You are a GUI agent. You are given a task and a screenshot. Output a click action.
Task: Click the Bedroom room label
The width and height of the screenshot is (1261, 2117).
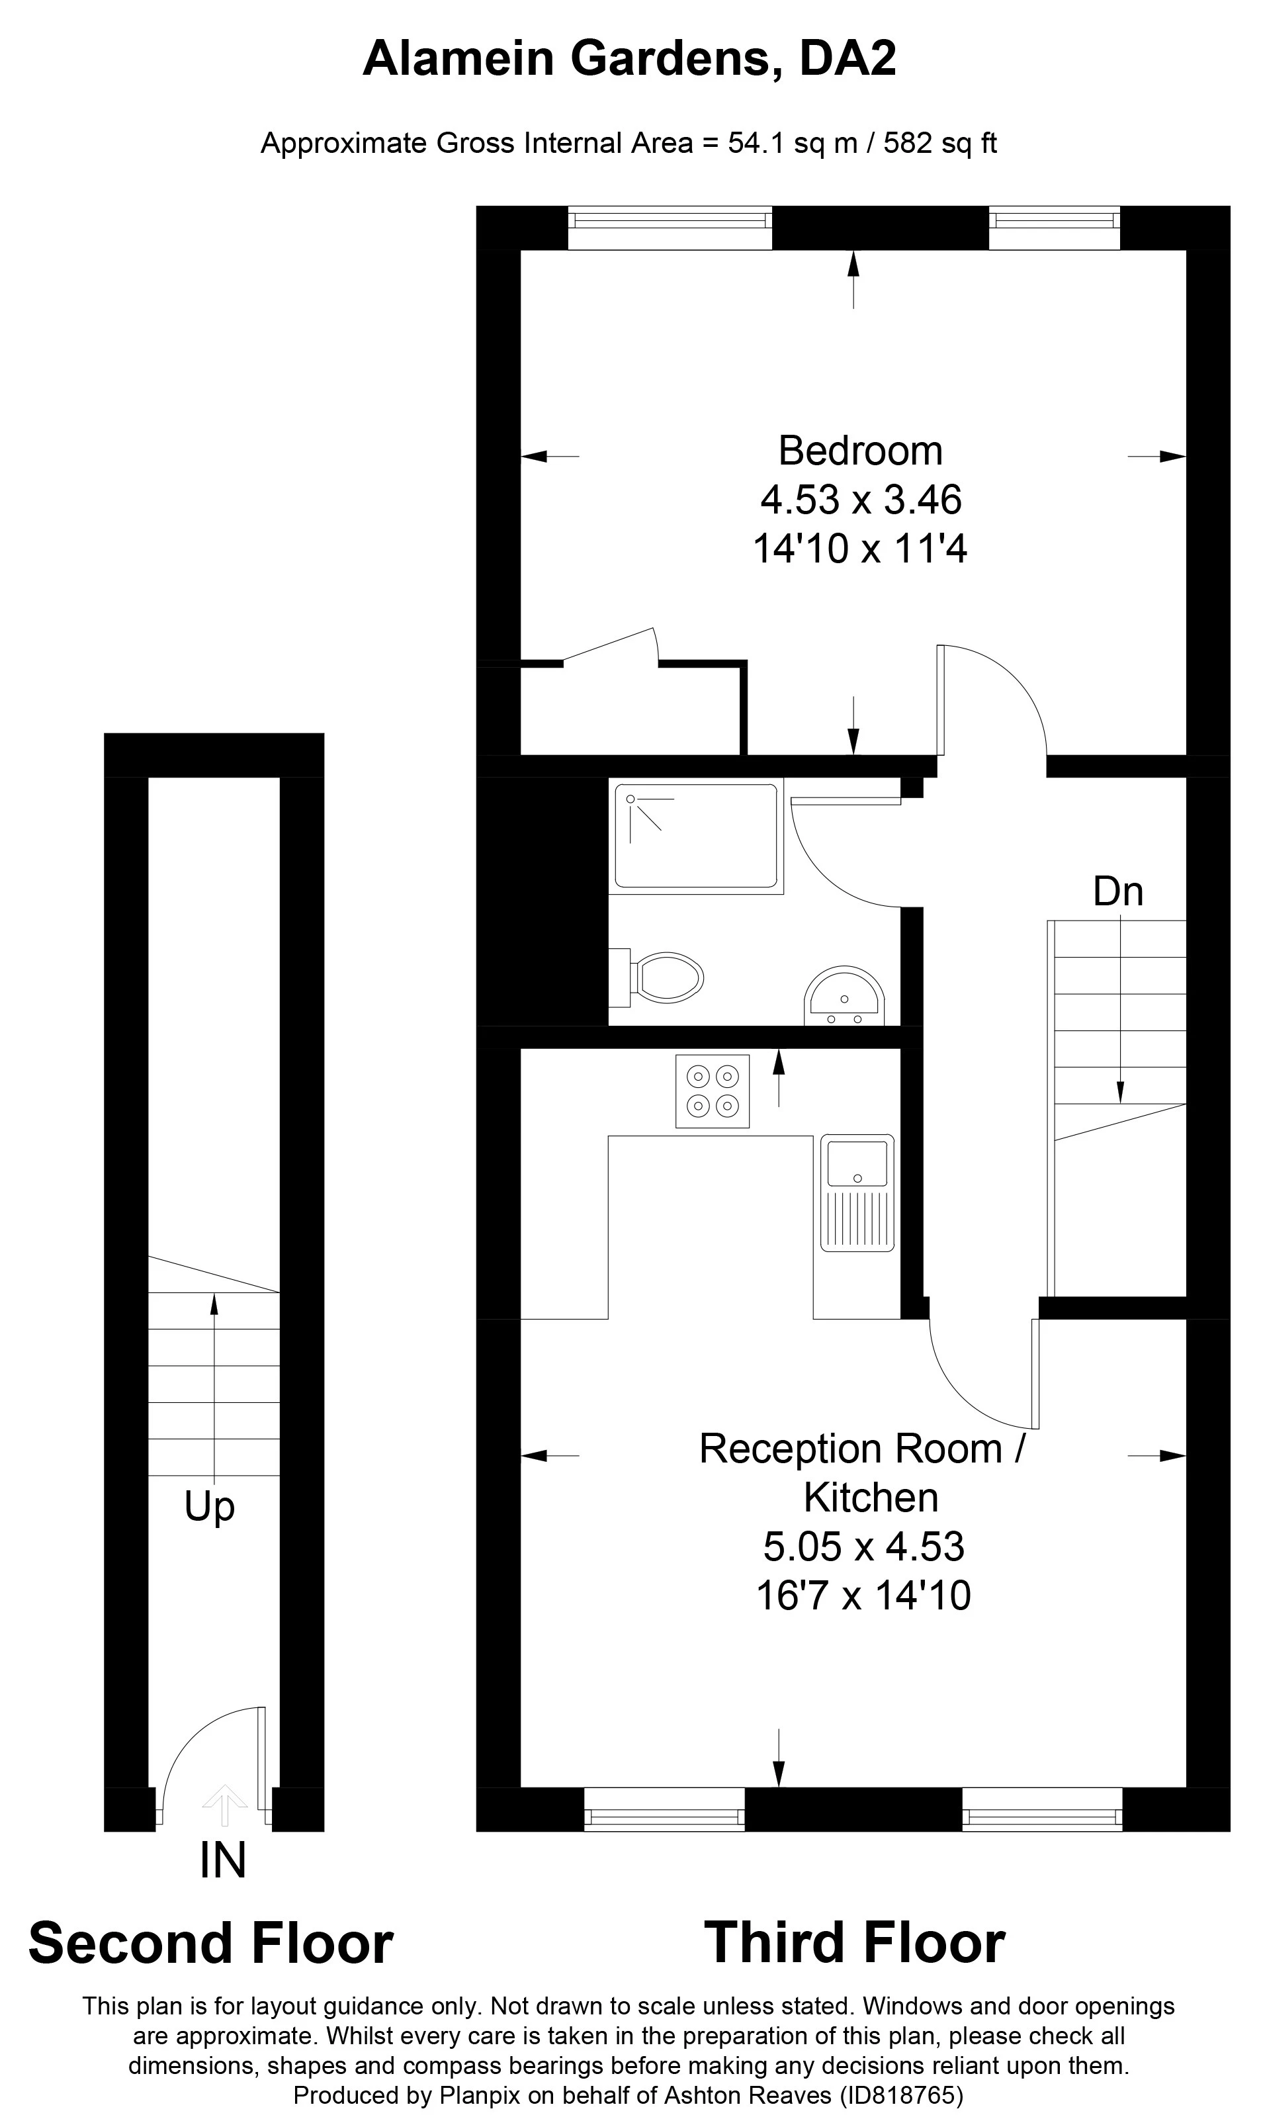[860, 451]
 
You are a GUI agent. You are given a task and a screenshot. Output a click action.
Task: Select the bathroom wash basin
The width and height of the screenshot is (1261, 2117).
[845, 996]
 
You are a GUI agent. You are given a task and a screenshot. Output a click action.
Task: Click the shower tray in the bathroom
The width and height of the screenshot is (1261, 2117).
[696, 837]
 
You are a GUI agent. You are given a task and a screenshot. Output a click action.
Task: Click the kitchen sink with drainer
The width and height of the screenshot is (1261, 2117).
[857, 1193]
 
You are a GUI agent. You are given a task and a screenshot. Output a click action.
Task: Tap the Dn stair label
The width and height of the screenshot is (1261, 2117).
[1118, 891]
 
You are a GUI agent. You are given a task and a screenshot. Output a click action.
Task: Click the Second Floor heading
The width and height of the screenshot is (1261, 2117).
[211, 1944]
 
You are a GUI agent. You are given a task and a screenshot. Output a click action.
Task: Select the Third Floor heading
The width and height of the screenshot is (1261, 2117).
[855, 1944]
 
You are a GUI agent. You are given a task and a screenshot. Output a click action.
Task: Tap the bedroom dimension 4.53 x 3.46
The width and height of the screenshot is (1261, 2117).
[861, 500]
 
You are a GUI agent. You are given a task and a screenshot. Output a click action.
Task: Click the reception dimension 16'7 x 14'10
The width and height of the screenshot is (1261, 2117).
[863, 1596]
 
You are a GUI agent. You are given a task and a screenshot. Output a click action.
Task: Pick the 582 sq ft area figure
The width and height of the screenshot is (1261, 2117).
[940, 143]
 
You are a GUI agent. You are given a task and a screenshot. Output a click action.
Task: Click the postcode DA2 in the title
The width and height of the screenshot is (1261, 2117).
[848, 60]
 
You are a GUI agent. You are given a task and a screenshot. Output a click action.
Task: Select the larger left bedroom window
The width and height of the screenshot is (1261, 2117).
[670, 228]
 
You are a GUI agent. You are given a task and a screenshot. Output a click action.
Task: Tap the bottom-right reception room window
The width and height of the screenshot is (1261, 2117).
[1043, 1809]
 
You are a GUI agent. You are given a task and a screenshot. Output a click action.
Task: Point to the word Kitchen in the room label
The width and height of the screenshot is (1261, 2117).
[871, 1498]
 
